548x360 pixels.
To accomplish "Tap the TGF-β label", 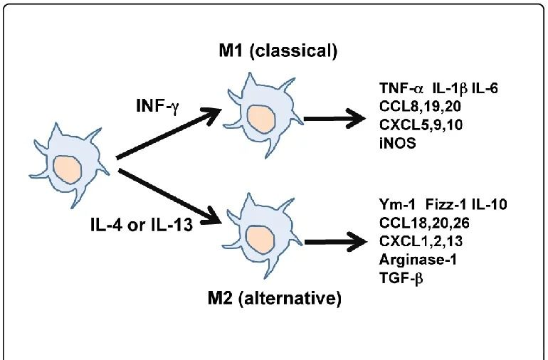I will (x=402, y=277).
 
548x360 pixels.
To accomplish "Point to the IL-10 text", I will (x=489, y=206).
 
